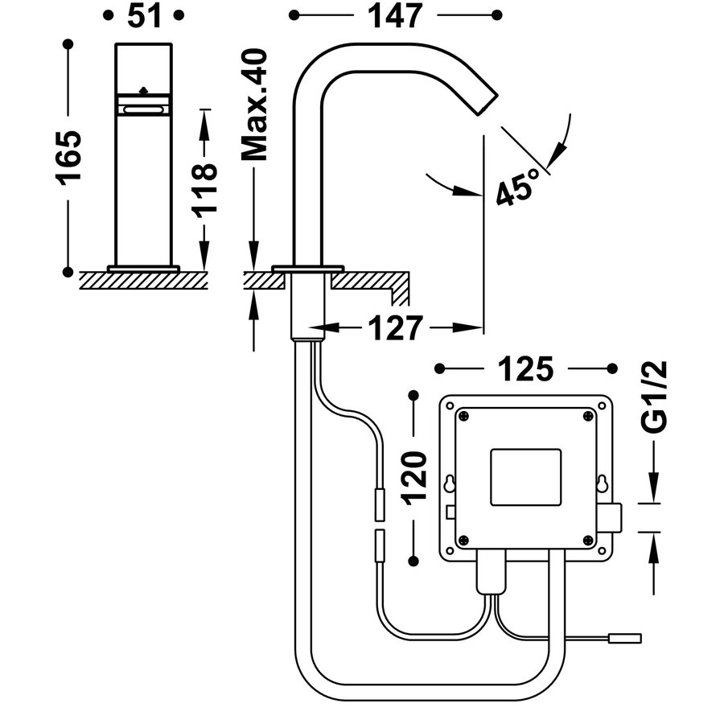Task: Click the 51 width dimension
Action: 144,15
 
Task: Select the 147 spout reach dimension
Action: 394,15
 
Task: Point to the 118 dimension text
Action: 204,187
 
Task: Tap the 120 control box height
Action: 413,476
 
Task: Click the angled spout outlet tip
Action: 487,103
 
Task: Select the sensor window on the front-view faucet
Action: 143,106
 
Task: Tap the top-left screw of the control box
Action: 463,415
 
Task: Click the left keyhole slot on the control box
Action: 450,485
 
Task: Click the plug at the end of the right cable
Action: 626,639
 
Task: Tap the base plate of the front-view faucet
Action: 144,268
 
